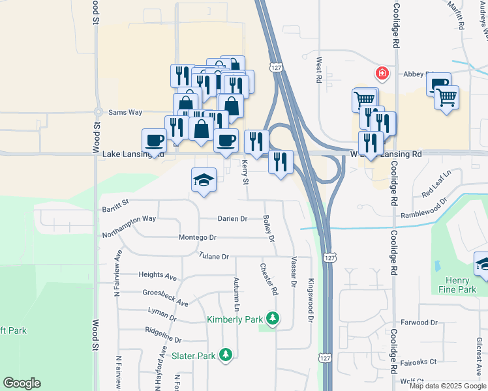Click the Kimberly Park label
[x=234, y=319]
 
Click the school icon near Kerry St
[x=204, y=181]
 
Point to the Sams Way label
[x=125, y=112]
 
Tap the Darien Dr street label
[x=232, y=219]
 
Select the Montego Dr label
[x=198, y=238]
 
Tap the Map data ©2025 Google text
[x=448, y=386]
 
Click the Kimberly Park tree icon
[x=273, y=319]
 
